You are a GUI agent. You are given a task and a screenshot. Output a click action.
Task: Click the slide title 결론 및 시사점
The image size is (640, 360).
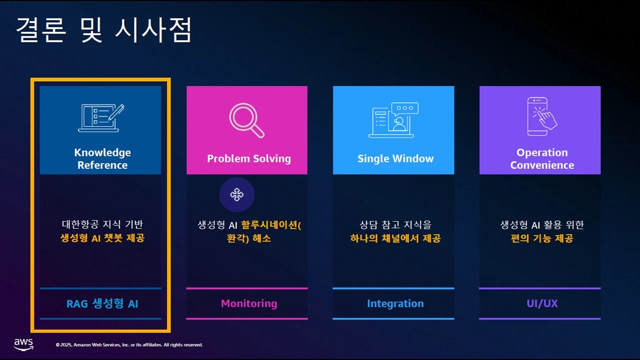pos(103,30)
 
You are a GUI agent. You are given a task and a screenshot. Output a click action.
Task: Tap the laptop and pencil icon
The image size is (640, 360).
pos(101,118)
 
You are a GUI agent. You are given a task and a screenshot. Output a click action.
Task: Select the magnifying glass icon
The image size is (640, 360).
pos(246,120)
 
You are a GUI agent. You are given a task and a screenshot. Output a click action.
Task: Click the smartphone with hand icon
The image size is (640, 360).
pos(541,116)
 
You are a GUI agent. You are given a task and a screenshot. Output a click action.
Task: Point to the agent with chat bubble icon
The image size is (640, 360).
pos(393,120)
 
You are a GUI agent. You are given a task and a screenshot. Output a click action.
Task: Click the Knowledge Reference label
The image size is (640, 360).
pos(102,159)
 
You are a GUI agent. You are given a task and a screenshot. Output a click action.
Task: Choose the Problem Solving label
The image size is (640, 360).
pos(249,159)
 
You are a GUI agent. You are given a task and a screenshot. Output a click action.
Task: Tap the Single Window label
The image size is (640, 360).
pos(395,159)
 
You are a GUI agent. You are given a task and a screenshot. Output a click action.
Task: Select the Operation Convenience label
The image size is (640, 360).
pos(542,159)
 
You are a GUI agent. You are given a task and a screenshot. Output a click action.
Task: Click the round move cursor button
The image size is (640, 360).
pos(237,194)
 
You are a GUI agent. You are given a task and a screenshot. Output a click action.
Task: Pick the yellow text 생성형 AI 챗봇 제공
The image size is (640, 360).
pos(102,238)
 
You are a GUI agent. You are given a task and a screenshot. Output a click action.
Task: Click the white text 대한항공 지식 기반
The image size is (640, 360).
pos(102,225)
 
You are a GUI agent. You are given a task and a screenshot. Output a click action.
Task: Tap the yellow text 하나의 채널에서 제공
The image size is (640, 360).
pos(395,238)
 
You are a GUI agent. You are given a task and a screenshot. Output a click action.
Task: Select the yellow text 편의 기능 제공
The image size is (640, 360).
pos(542,238)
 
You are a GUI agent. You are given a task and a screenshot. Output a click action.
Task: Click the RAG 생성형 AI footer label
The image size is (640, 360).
pos(102,303)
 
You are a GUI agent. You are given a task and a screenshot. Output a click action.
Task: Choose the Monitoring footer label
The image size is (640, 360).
pos(249,303)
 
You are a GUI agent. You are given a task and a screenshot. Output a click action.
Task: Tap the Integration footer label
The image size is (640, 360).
pos(395,303)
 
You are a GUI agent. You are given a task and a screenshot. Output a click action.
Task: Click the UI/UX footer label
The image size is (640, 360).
pos(542,303)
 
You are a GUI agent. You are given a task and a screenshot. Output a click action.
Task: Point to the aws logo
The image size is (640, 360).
pos(23,344)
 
